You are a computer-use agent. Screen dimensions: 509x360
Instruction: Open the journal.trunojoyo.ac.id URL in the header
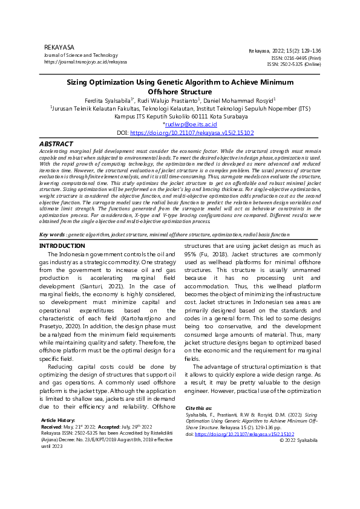[85, 62]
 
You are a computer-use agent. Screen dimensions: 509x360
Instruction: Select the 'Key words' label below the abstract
[51, 234]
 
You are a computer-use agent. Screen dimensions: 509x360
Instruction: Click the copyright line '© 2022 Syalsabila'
[298, 440]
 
